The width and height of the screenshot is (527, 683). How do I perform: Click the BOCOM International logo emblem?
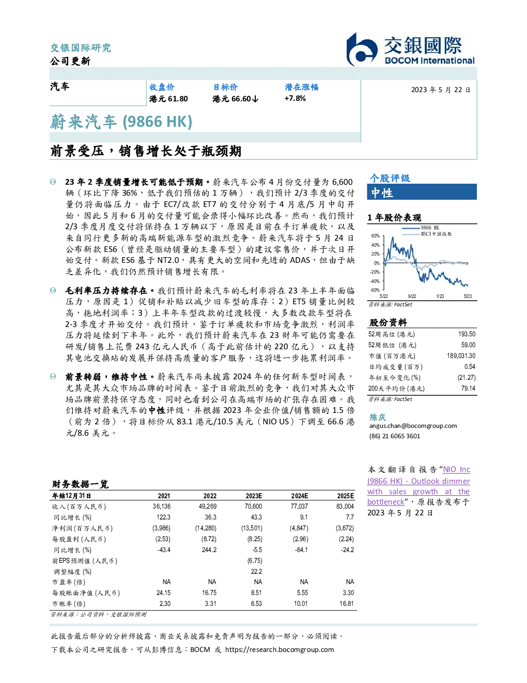pyautogui.click(x=362, y=50)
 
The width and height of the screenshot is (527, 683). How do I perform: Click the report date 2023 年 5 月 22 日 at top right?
pyautogui.click(x=441, y=90)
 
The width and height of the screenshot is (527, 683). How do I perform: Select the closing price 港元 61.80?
pyautogui.click(x=168, y=99)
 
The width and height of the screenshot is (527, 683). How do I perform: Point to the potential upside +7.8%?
pyautogui.click(x=295, y=98)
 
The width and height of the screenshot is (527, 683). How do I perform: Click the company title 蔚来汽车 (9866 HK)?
pyautogui.click(x=121, y=122)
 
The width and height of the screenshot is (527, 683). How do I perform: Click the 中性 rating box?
pyautogui.click(x=422, y=192)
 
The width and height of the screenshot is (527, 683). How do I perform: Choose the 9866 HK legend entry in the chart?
pyautogui.click(x=421, y=228)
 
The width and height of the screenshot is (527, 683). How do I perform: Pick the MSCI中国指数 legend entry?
pyautogui.click(x=427, y=234)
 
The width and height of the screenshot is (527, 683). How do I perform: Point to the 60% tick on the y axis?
pyautogui.click(x=376, y=236)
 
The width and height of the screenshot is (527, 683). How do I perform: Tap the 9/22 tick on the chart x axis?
pyautogui.click(x=412, y=296)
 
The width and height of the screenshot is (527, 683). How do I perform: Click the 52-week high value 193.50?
pyautogui.click(x=467, y=334)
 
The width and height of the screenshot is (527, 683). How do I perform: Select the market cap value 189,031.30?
pyautogui.click(x=461, y=356)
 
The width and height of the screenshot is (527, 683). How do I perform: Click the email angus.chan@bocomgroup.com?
pyautogui.click(x=413, y=426)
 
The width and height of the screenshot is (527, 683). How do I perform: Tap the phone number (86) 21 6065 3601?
pyautogui.click(x=395, y=436)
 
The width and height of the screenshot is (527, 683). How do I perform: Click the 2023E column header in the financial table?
pyautogui.click(x=254, y=496)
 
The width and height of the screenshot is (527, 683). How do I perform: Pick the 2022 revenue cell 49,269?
pyautogui.click(x=208, y=507)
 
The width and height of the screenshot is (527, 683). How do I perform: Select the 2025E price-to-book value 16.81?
pyautogui.click(x=347, y=604)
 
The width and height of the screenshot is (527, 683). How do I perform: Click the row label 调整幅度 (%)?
pyautogui.click(x=72, y=572)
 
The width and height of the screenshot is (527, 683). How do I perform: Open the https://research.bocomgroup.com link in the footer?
pyautogui.click(x=280, y=650)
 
